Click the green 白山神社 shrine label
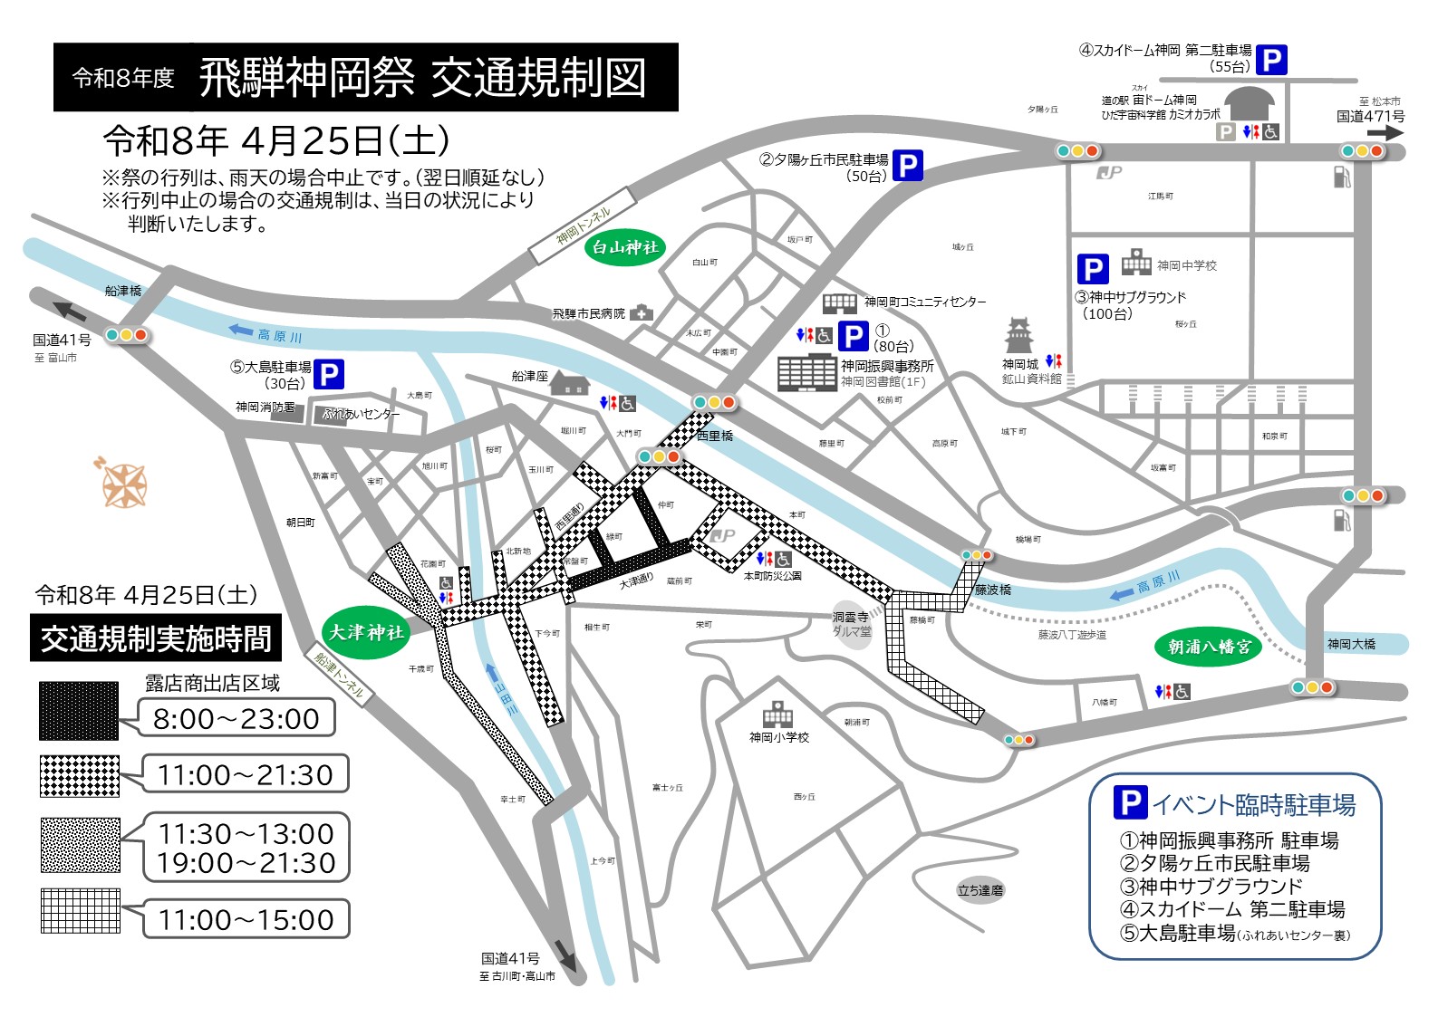pyautogui.click(x=624, y=247)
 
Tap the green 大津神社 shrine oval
pyautogui.click(x=365, y=632)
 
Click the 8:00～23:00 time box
pyautogui.click(x=236, y=719)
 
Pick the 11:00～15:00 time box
pyautogui.click(x=246, y=919)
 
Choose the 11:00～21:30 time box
pyautogui.click(x=246, y=774)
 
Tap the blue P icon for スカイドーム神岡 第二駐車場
pyautogui.click(x=1271, y=60)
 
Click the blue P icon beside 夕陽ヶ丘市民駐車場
pyautogui.click(x=907, y=165)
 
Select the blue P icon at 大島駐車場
pyautogui.click(x=329, y=374)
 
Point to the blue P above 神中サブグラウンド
pyautogui.click(x=1093, y=269)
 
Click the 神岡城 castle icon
pyautogui.click(x=1019, y=336)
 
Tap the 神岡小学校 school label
pyautogui.click(x=778, y=737)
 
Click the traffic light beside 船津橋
pyautogui.click(x=126, y=335)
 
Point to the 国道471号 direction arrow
pyautogui.click(x=1385, y=133)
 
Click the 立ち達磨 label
pyautogui.click(x=980, y=890)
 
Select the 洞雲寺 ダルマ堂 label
pyautogui.click(x=851, y=624)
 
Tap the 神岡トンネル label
pyautogui.click(x=584, y=226)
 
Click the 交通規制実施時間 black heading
pyautogui.click(x=156, y=639)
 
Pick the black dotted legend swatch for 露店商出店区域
pyautogui.click(x=80, y=710)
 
